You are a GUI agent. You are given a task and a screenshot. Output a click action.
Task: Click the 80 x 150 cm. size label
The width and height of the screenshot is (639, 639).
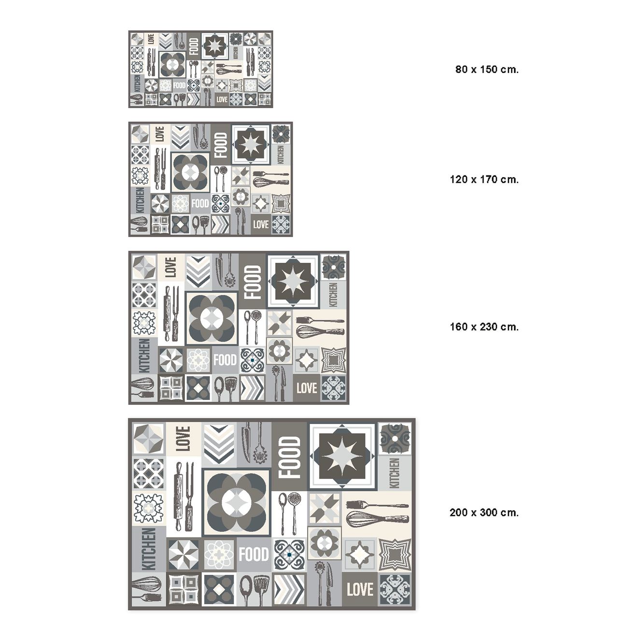pyautogui.click(x=487, y=69)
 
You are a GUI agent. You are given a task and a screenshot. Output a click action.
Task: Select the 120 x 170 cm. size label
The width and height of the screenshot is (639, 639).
pyautogui.click(x=484, y=179)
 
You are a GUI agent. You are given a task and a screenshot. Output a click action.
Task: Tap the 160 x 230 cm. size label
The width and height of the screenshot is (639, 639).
pyautogui.click(x=484, y=327)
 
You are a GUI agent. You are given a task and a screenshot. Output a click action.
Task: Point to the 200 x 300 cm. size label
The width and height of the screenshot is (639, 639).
pyautogui.click(x=484, y=512)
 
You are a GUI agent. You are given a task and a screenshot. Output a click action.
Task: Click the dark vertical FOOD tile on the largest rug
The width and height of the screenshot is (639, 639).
pyautogui.click(x=289, y=457)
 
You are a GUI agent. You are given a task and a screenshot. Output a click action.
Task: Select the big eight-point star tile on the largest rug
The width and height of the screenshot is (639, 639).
pyautogui.click(x=342, y=456)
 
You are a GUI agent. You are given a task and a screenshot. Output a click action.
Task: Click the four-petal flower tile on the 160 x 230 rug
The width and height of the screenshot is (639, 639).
pyautogui.click(x=212, y=318)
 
